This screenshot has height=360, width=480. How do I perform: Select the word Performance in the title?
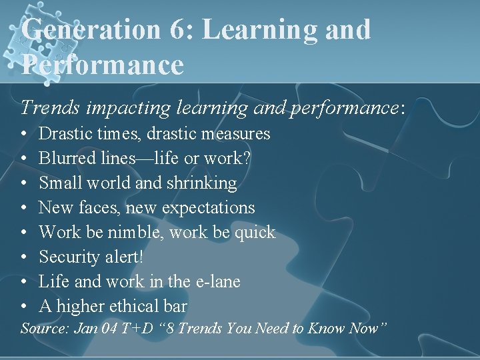pyautogui.click(x=102, y=65)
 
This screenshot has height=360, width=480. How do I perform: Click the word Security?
pyautogui.click(x=70, y=257)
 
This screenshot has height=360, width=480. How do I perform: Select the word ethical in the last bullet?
pyautogui.click(x=129, y=306)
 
